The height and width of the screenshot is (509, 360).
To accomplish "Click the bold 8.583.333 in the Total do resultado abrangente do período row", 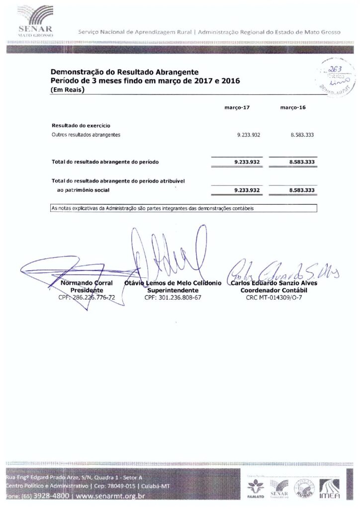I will (x=301, y=162).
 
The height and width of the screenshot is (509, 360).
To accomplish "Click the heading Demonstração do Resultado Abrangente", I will (x=125, y=72).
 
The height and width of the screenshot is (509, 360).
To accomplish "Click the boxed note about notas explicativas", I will (x=184, y=208).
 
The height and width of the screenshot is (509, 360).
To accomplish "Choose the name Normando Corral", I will (x=87, y=283).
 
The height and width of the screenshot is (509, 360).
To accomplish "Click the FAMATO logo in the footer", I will (x=256, y=489).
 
